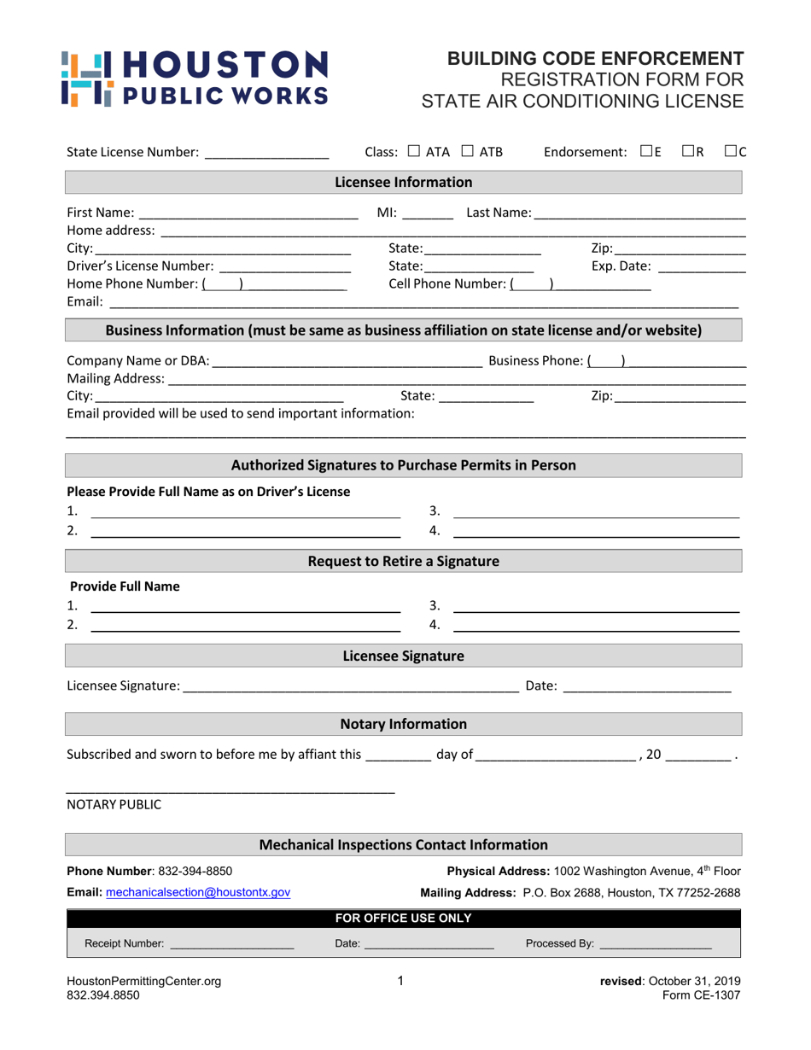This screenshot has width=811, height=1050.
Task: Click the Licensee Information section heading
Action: tap(403, 183)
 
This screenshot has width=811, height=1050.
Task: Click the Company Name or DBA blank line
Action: tap(347, 362)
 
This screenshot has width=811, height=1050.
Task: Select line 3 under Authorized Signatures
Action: tap(595, 513)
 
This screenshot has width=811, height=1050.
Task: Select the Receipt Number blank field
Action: tap(231, 946)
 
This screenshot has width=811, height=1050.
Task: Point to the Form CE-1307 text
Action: tap(701, 995)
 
